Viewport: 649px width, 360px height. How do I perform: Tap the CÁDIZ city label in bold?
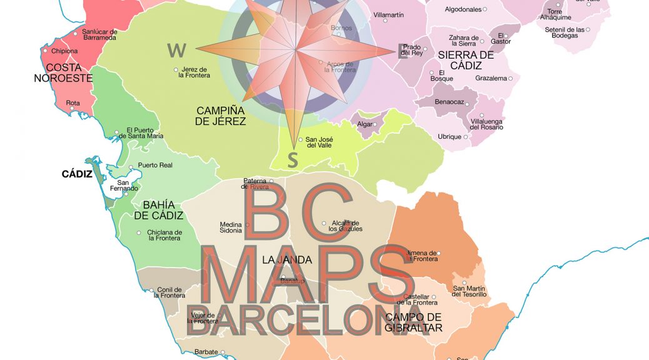click(x=77, y=174)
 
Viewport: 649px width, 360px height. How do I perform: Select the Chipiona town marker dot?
click(x=46, y=51)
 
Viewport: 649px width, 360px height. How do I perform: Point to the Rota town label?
click(x=73, y=103)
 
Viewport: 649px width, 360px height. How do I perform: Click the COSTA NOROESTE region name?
click(x=63, y=72)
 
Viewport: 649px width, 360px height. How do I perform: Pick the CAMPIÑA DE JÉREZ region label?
click(x=220, y=116)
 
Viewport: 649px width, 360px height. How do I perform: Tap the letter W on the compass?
click(x=177, y=50)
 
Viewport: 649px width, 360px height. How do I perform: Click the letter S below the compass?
click(x=293, y=160)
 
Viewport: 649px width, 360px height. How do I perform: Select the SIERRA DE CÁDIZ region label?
click(x=466, y=60)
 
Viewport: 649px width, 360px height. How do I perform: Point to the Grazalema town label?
click(x=491, y=79)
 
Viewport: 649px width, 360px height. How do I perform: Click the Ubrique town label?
click(x=449, y=137)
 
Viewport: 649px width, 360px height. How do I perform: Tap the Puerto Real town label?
click(x=155, y=166)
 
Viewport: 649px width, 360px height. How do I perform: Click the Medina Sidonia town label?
click(x=231, y=228)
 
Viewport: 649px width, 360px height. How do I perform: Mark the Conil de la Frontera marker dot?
click(x=152, y=290)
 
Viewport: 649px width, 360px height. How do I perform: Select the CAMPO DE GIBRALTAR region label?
click(x=413, y=322)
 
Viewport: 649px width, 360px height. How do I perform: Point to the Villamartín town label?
click(x=388, y=14)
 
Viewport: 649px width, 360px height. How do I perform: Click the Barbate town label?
click(x=206, y=352)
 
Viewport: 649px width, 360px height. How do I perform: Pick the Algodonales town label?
click(x=463, y=9)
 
